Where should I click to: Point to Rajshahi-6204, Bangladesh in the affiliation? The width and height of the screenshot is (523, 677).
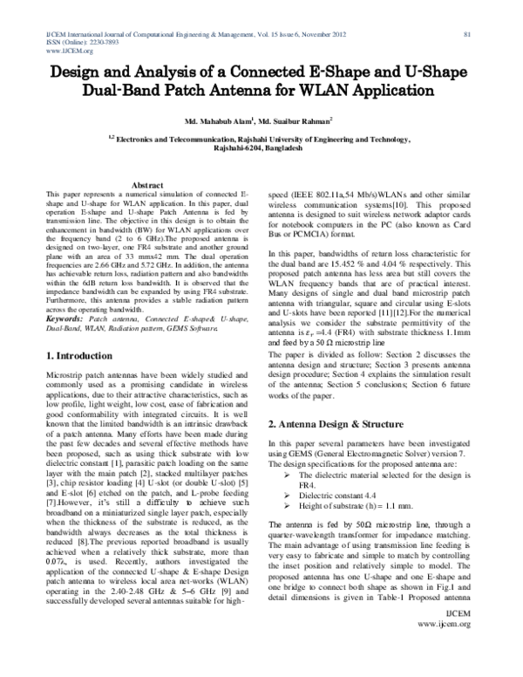(x=260, y=149)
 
